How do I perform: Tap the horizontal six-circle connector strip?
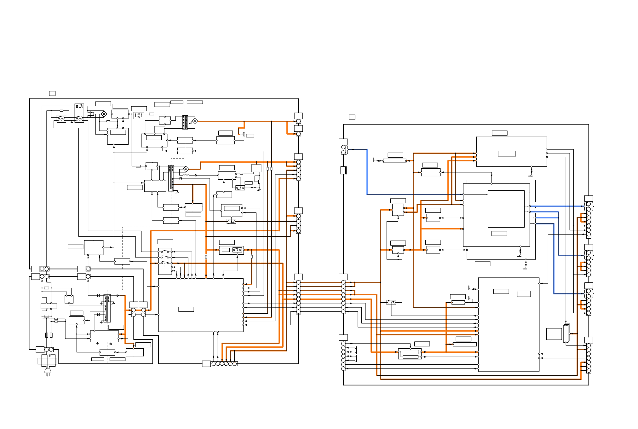pyautogui.click(x=224, y=364)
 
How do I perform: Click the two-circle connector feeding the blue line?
pyautogui.click(x=343, y=150)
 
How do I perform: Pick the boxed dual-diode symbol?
pyautogui.click(x=139, y=115)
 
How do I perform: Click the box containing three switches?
pyautogui.click(x=165, y=261)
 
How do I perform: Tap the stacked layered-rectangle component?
pyautogui.click(x=567, y=333)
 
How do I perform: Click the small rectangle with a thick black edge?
pyautogui.click(x=343, y=171)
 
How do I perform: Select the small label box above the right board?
pyautogui.click(x=352, y=117)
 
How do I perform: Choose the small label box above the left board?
pyautogui.click(x=52, y=93)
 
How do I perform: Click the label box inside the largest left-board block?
pyautogui.click(x=186, y=309)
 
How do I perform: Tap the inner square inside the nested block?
pyautogui.click(x=506, y=209)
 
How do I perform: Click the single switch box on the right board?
pyautogui.click(x=392, y=303)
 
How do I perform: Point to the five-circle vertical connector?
pyautogui.click(x=298, y=170)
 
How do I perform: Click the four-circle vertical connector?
pyautogui.click(x=298, y=224)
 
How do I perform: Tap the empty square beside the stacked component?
pyautogui.click(x=554, y=334)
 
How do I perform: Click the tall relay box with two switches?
pyautogui.click(x=79, y=113)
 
